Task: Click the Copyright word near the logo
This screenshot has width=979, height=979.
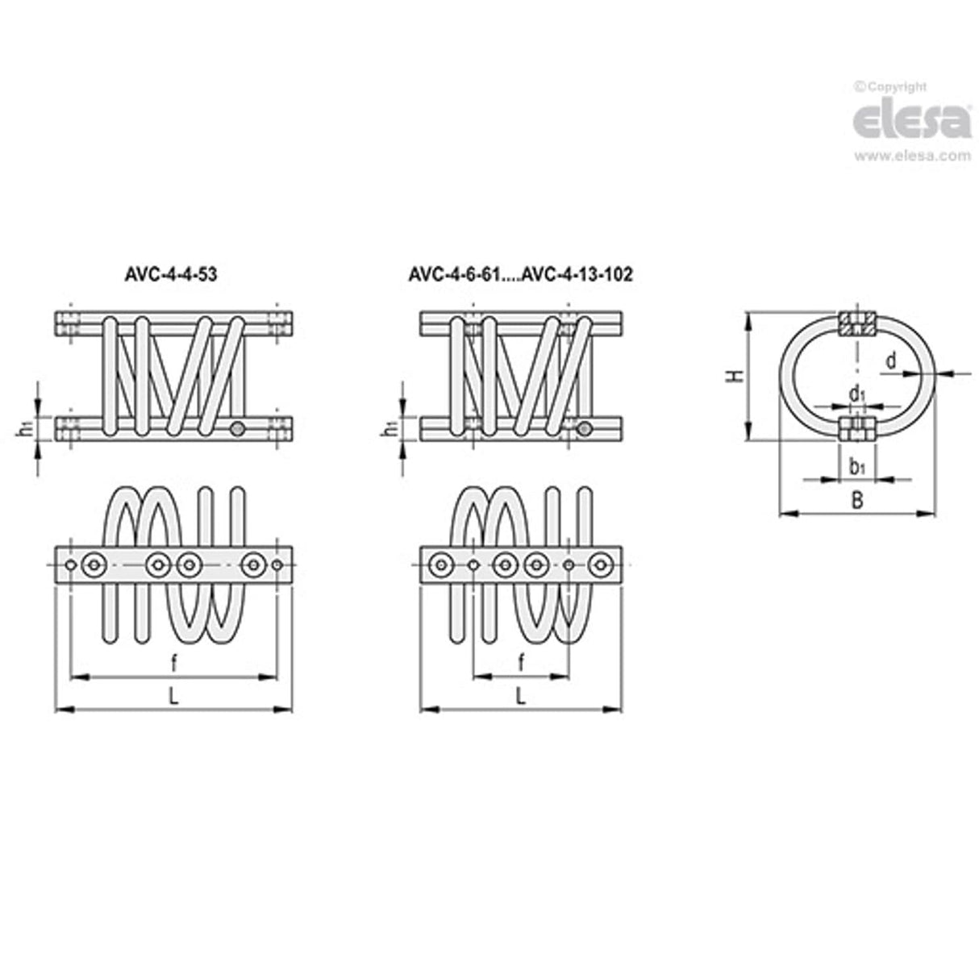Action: pyautogui.click(x=894, y=87)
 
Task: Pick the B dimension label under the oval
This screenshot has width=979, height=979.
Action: pyautogui.click(x=858, y=501)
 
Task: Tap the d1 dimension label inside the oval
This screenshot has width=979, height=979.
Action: pyautogui.click(x=857, y=394)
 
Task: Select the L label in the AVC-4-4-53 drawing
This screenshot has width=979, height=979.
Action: pyautogui.click(x=173, y=698)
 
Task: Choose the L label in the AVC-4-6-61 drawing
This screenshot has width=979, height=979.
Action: pyautogui.click(x=521, y=698)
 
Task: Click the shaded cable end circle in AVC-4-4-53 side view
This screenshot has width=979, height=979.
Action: pyautogui.click(x=236, y=431)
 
